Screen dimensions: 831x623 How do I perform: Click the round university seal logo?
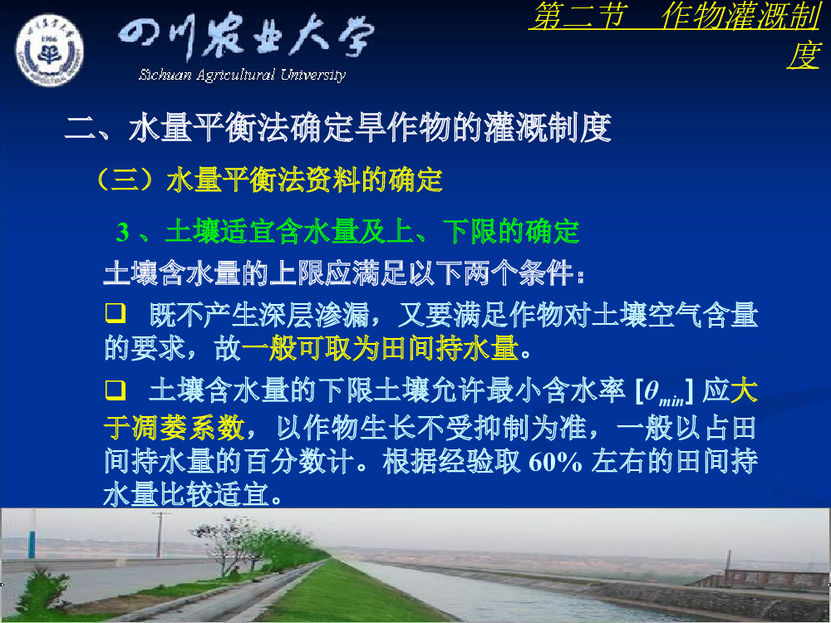49,50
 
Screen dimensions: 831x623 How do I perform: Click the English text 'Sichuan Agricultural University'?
242,75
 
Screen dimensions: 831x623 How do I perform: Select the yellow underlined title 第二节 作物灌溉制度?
676,35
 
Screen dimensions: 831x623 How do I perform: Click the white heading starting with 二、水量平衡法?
338,128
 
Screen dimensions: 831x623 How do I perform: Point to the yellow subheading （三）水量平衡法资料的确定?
269,180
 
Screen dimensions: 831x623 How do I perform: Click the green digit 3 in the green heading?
123,232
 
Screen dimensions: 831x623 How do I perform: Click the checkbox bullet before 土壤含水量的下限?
116,390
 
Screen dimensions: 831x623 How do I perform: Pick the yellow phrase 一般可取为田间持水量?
380,349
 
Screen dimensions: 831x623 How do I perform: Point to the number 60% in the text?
555,462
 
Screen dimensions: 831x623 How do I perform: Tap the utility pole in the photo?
160,534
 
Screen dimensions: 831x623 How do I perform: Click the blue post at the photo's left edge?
32,534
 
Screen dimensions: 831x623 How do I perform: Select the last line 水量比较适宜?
193,495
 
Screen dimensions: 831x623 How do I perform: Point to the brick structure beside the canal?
763,578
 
